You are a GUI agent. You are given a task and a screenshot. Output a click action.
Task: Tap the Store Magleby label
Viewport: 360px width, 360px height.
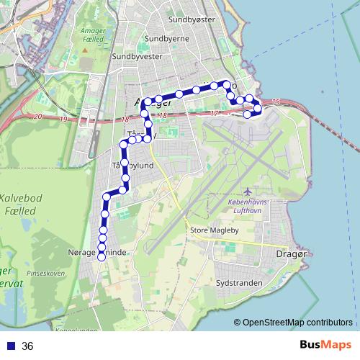[x=214, y=230]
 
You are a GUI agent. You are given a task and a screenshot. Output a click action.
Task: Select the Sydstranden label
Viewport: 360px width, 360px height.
[x=238, y=284]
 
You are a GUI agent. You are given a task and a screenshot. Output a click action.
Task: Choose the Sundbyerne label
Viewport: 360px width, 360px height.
[x=167, y=38]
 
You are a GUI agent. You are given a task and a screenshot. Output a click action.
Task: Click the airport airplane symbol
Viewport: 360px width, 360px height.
[x=248, y=192]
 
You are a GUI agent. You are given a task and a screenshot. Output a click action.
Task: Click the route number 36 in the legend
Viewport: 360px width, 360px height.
[x=27, y=346]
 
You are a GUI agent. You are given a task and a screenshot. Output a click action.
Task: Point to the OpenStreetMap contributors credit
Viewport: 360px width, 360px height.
[x=296, y=323]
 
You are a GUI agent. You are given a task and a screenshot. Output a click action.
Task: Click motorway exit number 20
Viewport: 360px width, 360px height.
[x=37, y=117]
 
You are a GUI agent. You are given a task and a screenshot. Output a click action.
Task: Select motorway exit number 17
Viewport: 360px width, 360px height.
[x=214, y=113]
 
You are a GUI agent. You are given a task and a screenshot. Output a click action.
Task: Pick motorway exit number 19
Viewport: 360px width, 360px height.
[x=63, y=119]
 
